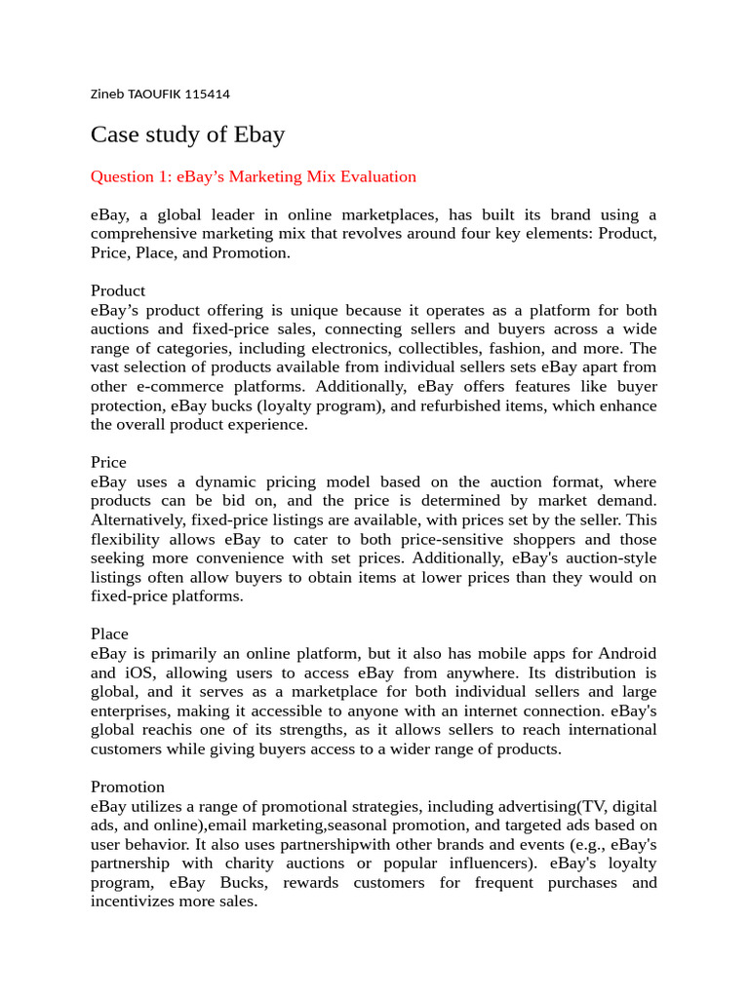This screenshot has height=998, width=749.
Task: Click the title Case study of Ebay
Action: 187,134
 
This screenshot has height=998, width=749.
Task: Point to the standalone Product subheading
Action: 118,290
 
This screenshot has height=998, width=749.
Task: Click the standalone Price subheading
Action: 108,462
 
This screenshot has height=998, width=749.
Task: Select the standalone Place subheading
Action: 109,633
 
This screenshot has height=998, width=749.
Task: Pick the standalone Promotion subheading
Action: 128,787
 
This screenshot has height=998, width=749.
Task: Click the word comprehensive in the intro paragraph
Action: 143,234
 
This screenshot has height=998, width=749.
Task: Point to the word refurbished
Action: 413,405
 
